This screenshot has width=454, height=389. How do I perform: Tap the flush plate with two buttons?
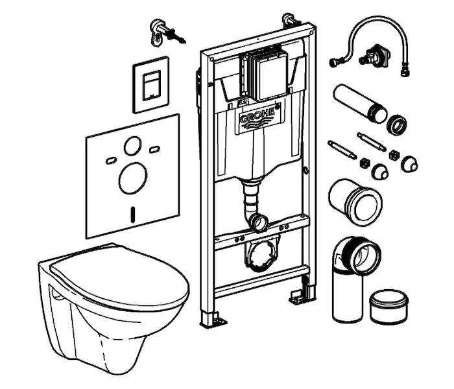pyautogui.click(x=151, y=84)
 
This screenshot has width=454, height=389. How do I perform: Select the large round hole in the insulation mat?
pyautogui.click(x=133, y=178)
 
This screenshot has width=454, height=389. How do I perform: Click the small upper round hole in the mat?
pyautogui.click(x=133, y=145)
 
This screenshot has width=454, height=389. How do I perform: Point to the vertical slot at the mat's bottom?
pyautogui.click(x=133, y=215)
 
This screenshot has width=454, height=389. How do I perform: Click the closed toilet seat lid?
pyautogui.click(x=119, y=276)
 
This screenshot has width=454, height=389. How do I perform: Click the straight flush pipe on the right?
pyautogui.click(x=360, y=103)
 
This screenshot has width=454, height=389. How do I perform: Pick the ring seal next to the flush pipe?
pyautogui.click(x=397, y=125)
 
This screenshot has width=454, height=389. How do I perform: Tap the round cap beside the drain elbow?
pyautogui.click(x=389, y=307)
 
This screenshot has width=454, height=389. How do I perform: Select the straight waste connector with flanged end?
pyautogui.click(x=355, y=202)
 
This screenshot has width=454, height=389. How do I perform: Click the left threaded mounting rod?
pyautogui.click(x=342, y=149)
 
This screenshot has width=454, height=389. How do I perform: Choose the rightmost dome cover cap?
pyautogui.click(x=409, y=164)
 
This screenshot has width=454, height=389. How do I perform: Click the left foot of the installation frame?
pyautogui.click(x=213, y=318)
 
